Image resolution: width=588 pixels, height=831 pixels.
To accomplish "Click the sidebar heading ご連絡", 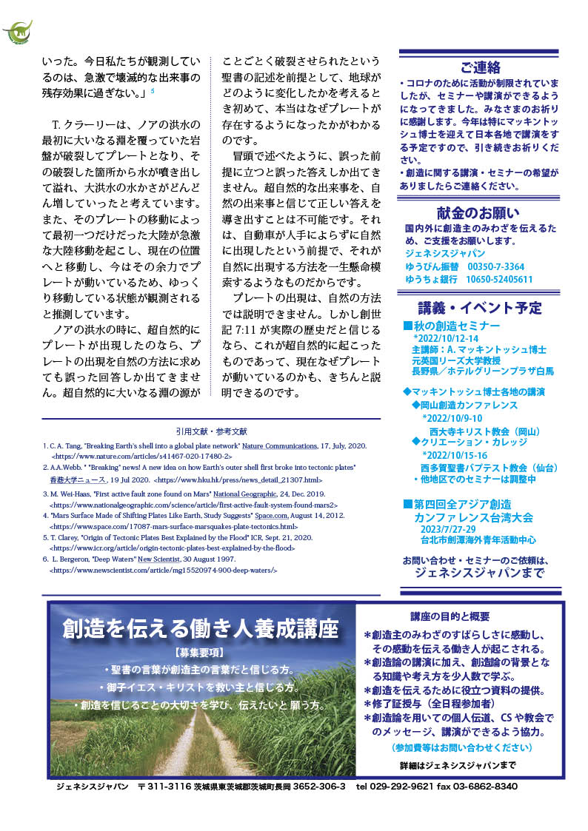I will pyautogui.click(x=480, y=67).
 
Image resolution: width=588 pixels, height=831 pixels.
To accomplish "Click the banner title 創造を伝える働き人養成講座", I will pyautogui.click(x=201, y=630).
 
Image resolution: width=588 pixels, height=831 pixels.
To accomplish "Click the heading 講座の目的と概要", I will pyautogui.click(x=450, y=616).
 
